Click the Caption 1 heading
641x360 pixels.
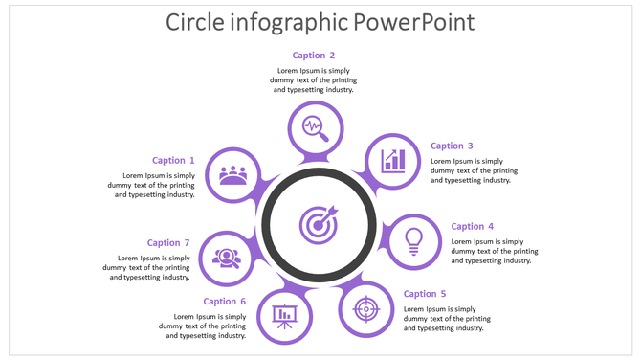point(173,161)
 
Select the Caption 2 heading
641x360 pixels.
point(314,56)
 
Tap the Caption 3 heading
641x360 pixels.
point(452,146)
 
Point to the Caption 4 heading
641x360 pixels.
point(473,227)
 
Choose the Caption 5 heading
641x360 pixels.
point(425,294)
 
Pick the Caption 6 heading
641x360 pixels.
point(225,302)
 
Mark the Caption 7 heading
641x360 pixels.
point(169,243)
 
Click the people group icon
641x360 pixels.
point(232,175)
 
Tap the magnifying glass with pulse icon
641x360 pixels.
point(315,127)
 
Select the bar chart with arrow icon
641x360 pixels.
point(393,160)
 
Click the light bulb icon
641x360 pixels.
point(413,239)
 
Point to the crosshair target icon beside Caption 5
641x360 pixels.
point(366,310)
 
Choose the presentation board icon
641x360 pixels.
point(284,315)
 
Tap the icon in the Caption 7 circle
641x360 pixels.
point(227,258)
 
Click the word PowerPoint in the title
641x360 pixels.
point(413,22)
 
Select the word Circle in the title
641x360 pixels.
point(197,22)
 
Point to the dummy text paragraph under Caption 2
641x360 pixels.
point(314,80)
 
